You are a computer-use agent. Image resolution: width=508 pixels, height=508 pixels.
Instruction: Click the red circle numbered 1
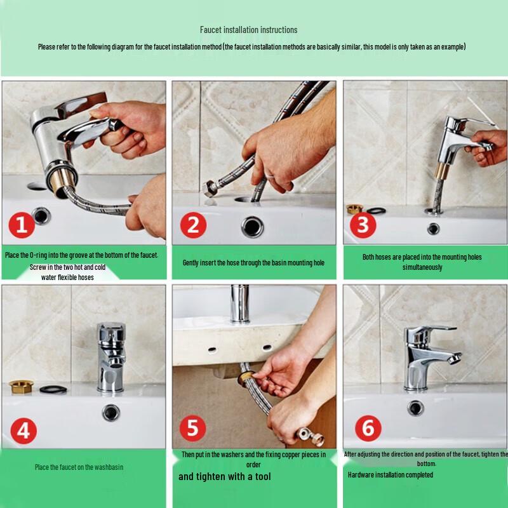coord(22,225)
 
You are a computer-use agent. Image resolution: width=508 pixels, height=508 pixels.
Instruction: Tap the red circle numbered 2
coord(193,225)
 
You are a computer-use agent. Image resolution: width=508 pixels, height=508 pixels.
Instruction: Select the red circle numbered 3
coord(363,225)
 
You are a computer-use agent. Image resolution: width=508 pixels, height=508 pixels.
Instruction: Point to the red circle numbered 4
coord(23,431)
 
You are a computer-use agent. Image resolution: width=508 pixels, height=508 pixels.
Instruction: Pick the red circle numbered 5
coord(193,428)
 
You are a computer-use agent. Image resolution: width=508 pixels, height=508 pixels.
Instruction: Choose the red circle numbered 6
coord(368,428)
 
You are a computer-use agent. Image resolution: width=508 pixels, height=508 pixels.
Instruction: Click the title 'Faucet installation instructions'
coord(248,30)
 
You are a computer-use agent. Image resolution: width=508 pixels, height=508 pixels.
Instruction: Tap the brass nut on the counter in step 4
coord(21,387)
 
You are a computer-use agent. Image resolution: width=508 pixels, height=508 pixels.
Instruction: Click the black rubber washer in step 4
coord(53,389)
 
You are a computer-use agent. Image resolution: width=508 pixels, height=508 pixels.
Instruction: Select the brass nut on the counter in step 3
coord(354,209)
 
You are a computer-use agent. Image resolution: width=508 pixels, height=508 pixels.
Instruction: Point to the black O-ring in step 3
coord(376,211)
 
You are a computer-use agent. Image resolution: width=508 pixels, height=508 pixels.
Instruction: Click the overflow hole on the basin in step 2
coord(252,227)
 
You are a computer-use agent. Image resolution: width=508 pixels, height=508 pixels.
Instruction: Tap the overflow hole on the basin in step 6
coord(416,408)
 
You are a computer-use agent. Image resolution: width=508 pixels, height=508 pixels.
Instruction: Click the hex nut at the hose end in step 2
coord(210,189)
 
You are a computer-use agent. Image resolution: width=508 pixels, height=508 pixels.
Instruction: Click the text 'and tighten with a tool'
coord(225,477)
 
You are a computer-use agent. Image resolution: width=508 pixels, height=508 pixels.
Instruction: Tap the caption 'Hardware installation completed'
coord(391,475)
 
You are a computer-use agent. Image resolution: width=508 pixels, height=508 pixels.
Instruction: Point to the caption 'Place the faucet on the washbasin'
coord(79,467)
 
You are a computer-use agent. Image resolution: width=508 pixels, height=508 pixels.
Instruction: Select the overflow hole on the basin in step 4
coord(111,413)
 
